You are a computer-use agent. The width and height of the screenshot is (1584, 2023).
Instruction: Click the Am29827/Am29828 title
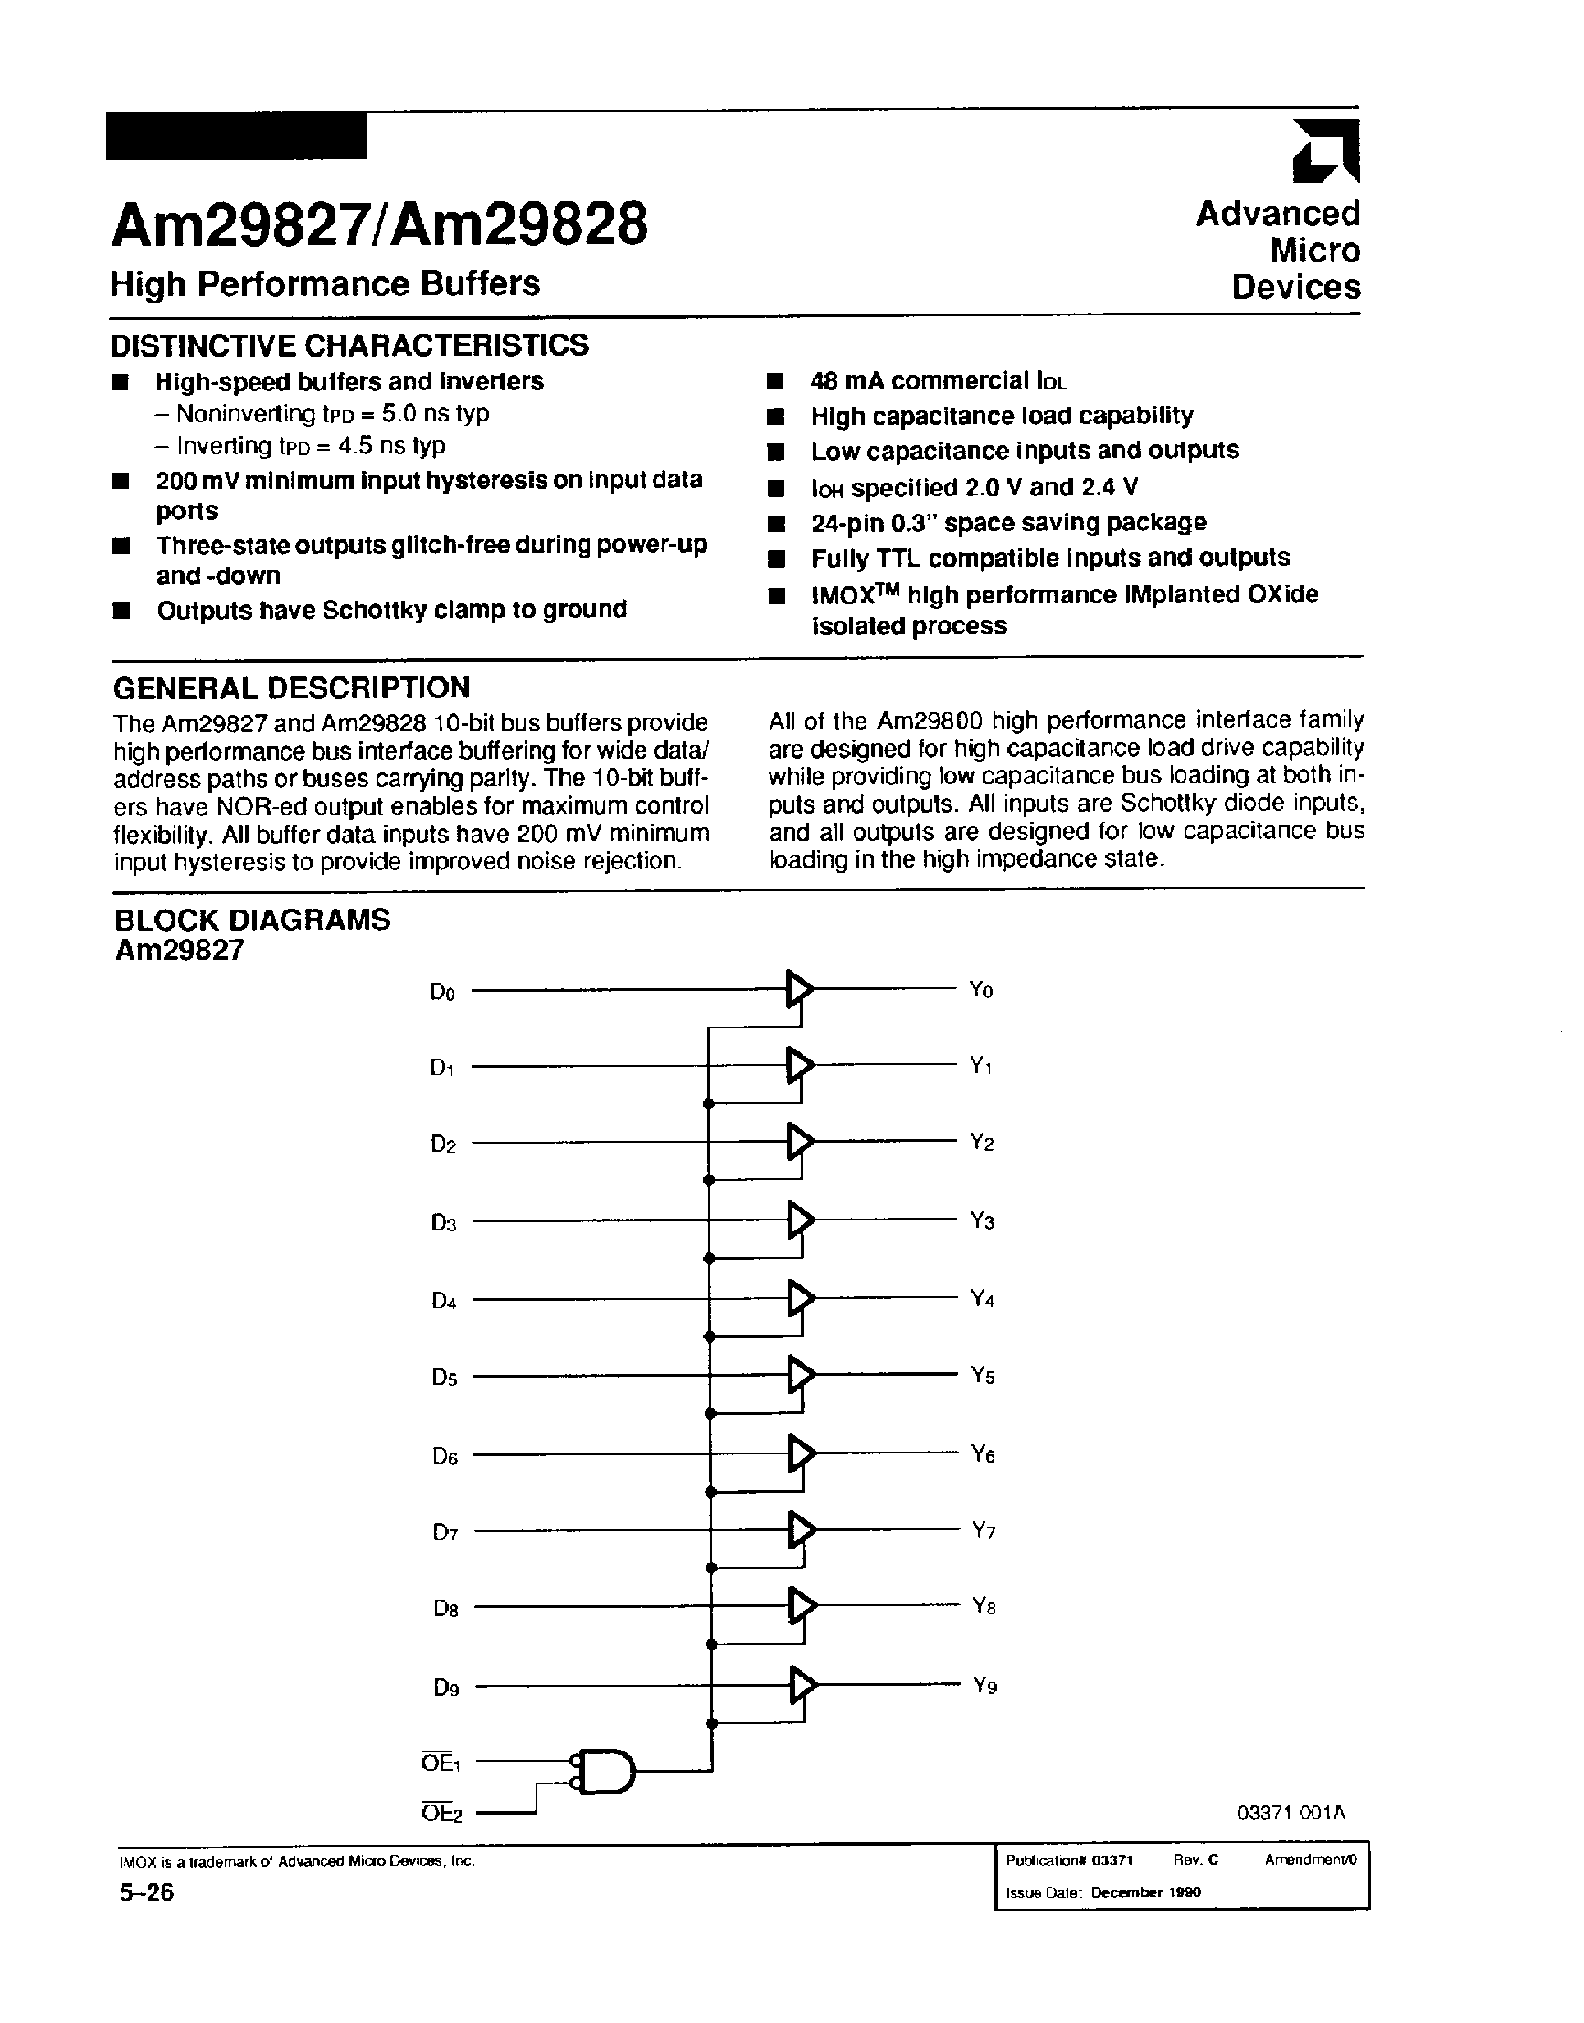(379, 226)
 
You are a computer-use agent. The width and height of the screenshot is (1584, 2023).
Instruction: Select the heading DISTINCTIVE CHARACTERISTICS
(349, 345)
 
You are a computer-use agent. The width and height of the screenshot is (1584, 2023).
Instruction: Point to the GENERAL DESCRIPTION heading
(292, 687)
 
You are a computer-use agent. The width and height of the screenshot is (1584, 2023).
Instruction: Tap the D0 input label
(442, 993)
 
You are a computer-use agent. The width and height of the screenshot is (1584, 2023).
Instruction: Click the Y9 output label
(985, 1685)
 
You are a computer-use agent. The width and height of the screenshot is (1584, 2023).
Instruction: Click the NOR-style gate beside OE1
(606, 1773)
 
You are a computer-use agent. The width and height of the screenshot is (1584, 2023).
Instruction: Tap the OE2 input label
(441, 1812)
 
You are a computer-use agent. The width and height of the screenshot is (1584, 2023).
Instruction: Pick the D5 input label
(444, 1378)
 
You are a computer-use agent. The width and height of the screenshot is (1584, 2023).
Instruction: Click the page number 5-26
(145, 1892)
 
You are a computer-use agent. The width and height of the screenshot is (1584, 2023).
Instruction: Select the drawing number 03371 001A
(1290, 1812)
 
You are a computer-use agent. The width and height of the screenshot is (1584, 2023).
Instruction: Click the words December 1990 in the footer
(1145, 1892)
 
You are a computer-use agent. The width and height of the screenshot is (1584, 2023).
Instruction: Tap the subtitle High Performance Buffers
(324, 282)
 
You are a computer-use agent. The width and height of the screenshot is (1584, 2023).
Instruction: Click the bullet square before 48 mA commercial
(775, 381)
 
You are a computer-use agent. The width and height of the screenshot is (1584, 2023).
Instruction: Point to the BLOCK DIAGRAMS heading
(251, 920)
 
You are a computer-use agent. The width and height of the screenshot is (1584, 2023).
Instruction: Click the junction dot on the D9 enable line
(712, 1722)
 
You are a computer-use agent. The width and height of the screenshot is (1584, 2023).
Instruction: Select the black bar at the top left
(236, 135)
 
